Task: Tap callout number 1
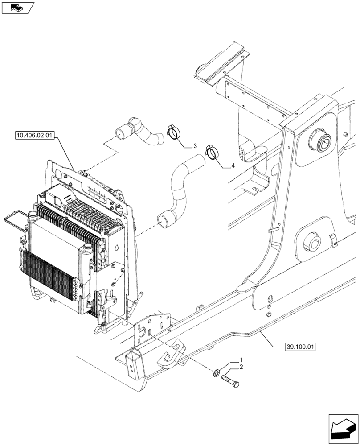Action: tap(241, 359)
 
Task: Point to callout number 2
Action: tap(241, 367)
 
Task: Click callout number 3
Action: tap(195, 146)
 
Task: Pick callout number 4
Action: tap(233, 166)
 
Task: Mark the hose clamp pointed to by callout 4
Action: tap(212, 152)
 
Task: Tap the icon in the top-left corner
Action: tap(18, 7)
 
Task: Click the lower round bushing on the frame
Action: tap(310, 243)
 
